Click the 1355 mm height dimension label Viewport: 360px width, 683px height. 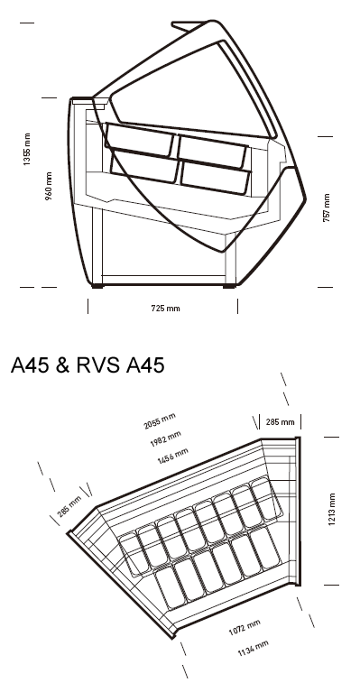click(27, 150)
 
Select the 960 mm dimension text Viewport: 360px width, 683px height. click(49, 186)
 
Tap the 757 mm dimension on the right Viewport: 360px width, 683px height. click(327, 208)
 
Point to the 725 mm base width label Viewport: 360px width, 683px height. click(165, 309)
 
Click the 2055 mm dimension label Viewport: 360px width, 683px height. click(160, 420)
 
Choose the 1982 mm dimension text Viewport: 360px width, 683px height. click(166, 439)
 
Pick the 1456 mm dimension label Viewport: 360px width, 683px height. click(172, 456)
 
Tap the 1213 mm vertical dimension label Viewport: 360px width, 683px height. click(332, 510)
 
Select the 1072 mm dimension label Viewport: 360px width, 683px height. click(245, 628)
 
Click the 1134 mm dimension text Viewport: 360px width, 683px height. click(253, 648)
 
